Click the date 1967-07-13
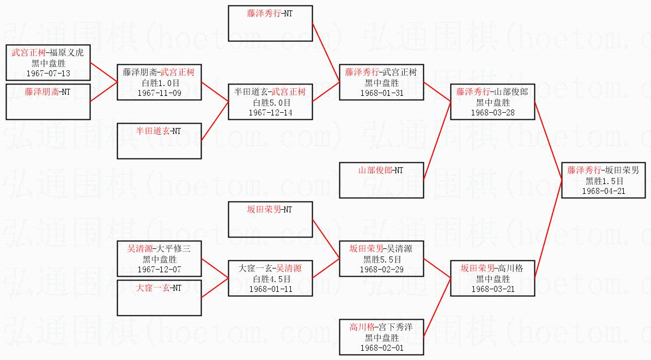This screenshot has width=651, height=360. [48, 73]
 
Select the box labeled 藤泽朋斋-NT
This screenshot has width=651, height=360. [48, 101]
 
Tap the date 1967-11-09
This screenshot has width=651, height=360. [159, 93]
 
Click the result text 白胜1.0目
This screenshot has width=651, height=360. [159, 83]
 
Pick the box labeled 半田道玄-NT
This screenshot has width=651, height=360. [159, 141]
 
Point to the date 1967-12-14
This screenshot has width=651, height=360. [270, 112]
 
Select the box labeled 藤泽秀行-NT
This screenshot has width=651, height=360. [270, 23]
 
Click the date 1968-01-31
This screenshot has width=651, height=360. [381, 93]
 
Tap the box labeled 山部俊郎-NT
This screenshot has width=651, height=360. [381, 180]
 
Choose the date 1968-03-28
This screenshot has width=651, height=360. [492, 112]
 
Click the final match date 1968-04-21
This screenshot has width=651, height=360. [604, 191]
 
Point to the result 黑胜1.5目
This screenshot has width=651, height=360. [604, 181]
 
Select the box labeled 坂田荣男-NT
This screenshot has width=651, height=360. [270, 219]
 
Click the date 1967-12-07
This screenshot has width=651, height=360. [159, 269]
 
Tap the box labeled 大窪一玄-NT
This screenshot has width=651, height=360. [159, 297]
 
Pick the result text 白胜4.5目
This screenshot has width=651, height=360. [270, 279]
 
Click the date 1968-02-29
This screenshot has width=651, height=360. [381, 269]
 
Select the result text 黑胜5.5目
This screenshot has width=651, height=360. [381, 259]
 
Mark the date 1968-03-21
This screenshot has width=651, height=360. [492, 289]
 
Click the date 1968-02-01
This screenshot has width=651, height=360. [381, 347]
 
